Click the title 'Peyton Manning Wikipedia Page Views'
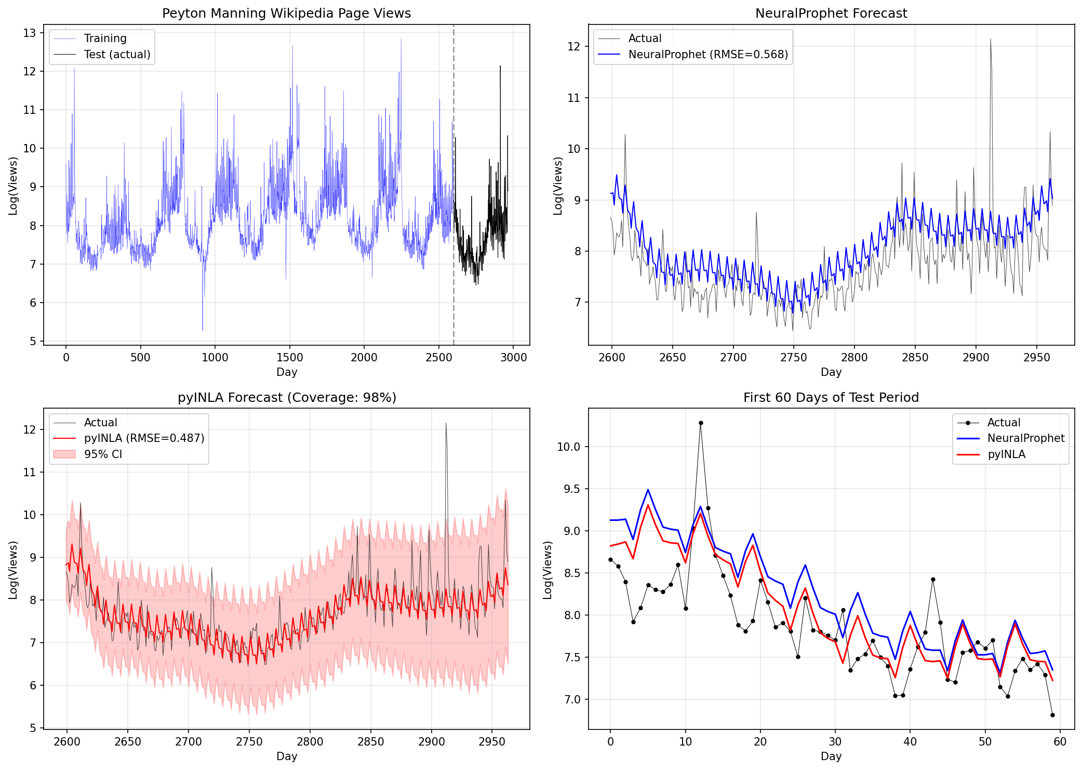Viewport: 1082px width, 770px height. point(286,13)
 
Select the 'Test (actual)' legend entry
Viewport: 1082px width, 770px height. point(117,55)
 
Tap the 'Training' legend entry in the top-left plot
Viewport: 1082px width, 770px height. point(105,38)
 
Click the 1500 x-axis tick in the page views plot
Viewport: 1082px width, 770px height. point(289,358)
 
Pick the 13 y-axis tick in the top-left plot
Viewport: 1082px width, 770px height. point(30,33)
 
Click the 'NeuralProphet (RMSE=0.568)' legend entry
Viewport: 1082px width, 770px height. point(707,55)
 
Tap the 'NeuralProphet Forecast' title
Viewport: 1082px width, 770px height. point(831,13)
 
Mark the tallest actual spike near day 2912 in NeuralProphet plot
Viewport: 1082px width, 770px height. point(990,39)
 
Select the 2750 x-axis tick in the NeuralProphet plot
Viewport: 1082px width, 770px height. point(794,358)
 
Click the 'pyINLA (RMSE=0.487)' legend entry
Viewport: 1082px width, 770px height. point(144,438)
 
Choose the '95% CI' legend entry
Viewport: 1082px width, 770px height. point(103,454)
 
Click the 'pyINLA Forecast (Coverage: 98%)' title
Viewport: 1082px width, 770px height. point(287,398)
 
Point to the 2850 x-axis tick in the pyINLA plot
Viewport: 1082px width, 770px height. point(370,742)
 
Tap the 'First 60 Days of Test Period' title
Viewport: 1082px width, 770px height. point(831,398)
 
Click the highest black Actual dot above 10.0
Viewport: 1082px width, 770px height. point(701,423)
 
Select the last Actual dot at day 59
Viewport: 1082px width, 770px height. point(1052,715)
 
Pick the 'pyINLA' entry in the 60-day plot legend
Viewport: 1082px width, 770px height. point(1006,454)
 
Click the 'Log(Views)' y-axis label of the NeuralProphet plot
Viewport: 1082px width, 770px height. point(558,186)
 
